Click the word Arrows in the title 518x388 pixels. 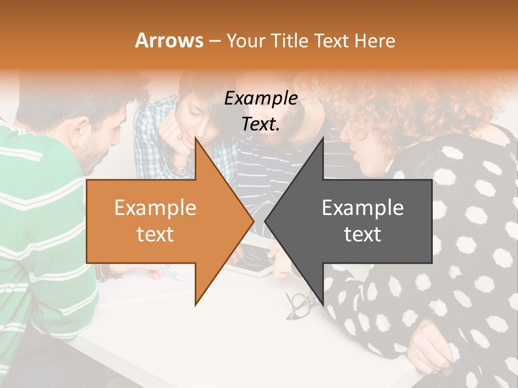click(169, 40)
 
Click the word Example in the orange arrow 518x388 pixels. click(155, 207)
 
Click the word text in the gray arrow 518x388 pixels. click(363, 234)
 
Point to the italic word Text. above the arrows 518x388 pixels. click(261, 124)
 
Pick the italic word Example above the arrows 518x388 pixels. click(261, 99)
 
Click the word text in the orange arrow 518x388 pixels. click(155, 234)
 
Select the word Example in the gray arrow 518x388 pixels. click(363, 207)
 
